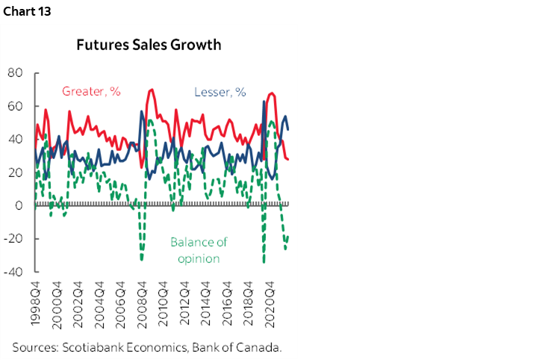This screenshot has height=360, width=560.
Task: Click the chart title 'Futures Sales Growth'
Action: [x=149, y=44]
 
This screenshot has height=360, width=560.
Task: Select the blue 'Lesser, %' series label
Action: [x=220, y=92]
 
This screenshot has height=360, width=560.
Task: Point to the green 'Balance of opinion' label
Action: [x=198, y=250]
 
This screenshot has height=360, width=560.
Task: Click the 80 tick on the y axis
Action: [x=16, y=73]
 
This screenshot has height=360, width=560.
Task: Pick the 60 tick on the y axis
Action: [x=16, y=106]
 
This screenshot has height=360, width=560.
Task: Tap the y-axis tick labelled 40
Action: [x=16, y=140]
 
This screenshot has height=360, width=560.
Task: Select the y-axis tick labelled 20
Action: [x=16, y=173]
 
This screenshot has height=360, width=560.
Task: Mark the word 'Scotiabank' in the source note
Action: [x=96, y=347]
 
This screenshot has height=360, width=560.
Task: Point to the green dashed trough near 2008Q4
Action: [x=142, y=259]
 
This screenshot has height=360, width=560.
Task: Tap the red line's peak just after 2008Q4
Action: [x=152, y=90]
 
